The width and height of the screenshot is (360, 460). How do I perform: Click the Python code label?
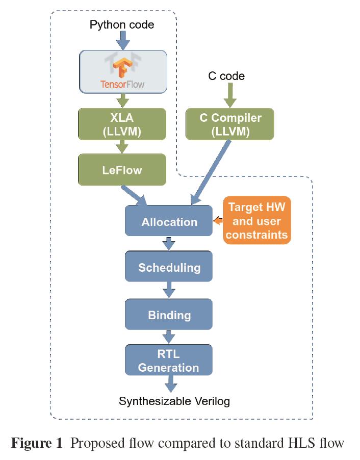tap(122, 24)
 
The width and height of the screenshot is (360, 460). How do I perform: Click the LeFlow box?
tap(122, 170)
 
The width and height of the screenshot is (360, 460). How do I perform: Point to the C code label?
tap(226, 76)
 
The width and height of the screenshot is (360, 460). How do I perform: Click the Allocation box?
tap(169, 222)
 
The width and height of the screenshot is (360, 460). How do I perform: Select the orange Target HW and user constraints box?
tap(257, 221)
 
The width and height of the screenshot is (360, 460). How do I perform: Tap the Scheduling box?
tap(169, 267)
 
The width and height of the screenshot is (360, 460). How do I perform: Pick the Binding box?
tap(169, 315)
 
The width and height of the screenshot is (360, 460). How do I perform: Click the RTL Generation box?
tap(169, 361)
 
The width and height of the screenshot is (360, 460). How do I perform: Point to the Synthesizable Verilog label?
tap(174, 401)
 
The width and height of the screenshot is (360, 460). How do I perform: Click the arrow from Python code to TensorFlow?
tap(122, 40)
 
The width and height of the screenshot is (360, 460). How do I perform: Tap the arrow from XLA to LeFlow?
tap(122, 147)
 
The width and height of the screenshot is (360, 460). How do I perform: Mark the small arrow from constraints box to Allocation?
tap(218, 221)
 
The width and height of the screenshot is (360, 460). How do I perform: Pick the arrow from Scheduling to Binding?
tap(169, 291)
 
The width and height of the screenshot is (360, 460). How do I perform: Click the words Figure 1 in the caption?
tap(38, 443)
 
